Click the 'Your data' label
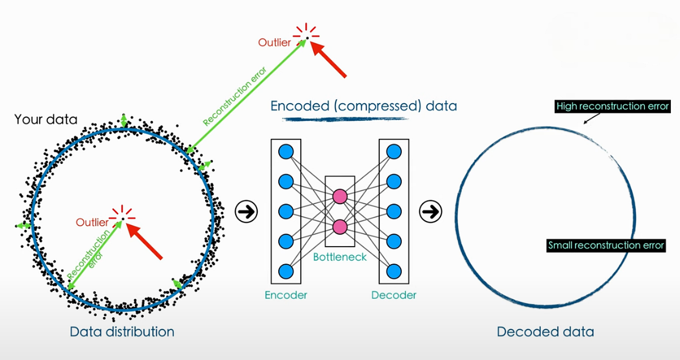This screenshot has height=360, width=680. [x=46, y=120]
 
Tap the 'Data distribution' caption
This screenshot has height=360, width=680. [x=122, y=331]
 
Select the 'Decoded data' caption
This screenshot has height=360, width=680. [x=545, y=331]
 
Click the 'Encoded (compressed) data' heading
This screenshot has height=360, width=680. [x=363, y=106]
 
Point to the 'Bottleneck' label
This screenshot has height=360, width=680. [x=339, y=257]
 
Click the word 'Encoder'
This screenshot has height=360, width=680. [x=286, y=295]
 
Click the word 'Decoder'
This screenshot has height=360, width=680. [x=394, y=295]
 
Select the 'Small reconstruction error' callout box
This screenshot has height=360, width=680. [x=606, y=245]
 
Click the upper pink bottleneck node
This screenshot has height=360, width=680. [x=339, y=196]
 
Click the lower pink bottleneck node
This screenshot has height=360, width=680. [x=339, y=227]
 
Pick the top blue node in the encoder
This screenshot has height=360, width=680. [x=286, y=151]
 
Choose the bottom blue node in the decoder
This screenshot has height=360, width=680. [x=394, y=270]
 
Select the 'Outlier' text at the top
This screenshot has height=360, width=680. [x=274, y=43]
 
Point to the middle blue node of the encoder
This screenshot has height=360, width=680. [x=286, y=211]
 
